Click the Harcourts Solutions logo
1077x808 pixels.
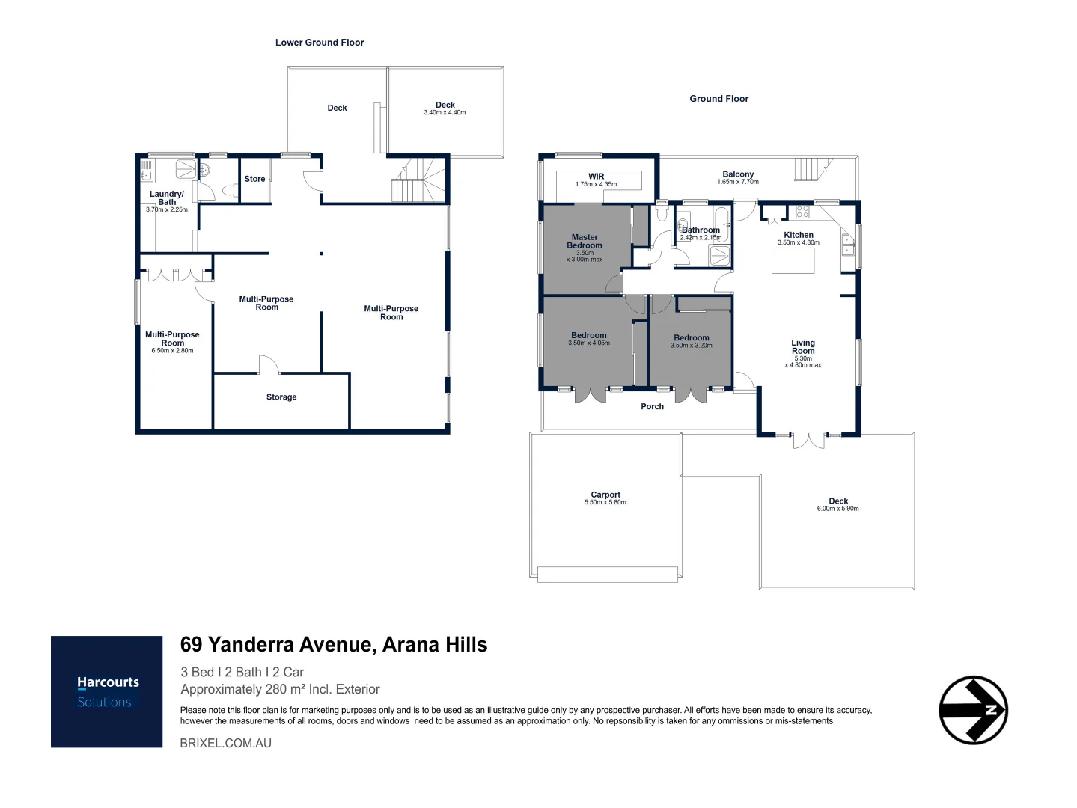(x=106, y=691)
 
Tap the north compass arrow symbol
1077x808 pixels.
(x=973, y=710)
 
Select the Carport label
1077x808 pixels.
(x=605, y=495)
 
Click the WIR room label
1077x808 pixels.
(x=596, y=177)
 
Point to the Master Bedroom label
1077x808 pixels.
(x=585, y=241)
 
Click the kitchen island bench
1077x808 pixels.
(x=793, y=261)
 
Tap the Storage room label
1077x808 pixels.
(x=281, y=397)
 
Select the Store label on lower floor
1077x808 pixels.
(x=254, y=179)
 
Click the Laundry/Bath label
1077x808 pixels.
(x=167, y=198)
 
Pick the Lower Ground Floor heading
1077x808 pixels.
(x=320, y=43)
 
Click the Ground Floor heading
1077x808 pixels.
(x=718, y=99)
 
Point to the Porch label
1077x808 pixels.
(x=652, y=407)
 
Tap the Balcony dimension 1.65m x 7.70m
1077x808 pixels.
(x=738, y=182)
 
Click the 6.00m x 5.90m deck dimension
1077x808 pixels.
(x=838, y=509)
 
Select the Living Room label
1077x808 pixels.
(x=803, y=346)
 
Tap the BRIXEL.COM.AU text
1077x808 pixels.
(x=226, y=743)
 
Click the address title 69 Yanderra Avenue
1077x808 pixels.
(x=334, y=645)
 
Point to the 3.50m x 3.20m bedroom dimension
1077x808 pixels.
(x=692, y=346)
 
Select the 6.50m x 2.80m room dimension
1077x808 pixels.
(x=172, y=350)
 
